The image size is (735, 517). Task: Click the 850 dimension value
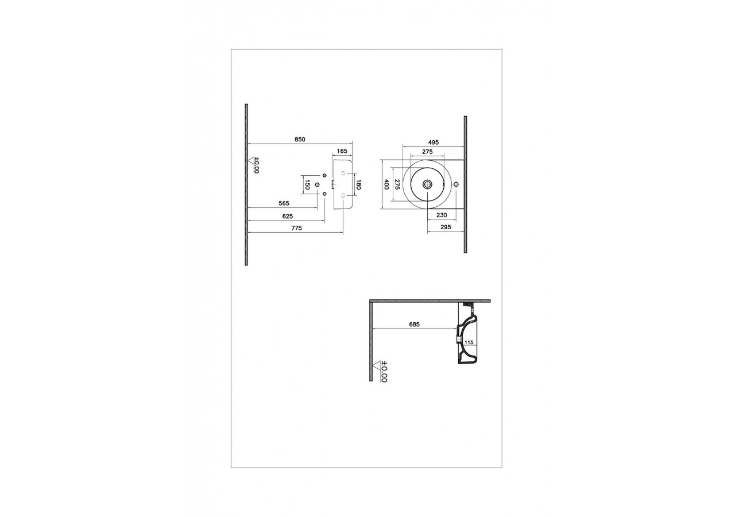click(x=300, y=139)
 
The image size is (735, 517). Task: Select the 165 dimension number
click(x=342, y=151)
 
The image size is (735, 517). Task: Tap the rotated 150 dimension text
click(x=307, y=184)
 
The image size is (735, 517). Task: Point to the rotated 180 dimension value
click(x=358, y=184)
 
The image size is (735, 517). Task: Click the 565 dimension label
click(x=284, y=203)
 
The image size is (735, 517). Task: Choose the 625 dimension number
click(x=288, y=216)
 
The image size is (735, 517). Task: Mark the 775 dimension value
click(x=296, y=228)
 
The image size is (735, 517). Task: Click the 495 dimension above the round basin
click(x=433, y=142)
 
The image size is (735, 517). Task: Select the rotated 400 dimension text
click(x=386, y=184)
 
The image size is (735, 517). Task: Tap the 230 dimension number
click(x=442, y=215)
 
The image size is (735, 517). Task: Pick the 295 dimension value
click(x=445, y=227)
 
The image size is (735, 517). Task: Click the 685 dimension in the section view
click(x=414, y=325)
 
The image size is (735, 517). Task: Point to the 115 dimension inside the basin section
click(x=469, y=342)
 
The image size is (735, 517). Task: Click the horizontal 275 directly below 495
click(x=427, y=152)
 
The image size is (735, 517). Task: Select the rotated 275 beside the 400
click(x=397, y=184)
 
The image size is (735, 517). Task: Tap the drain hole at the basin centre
click(x=427, y=184)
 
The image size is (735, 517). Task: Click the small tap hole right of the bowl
click(x=456, y=184)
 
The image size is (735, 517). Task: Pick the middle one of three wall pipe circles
click(x=317, y=184)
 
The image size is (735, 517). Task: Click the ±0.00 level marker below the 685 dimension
click(x=381, y=371)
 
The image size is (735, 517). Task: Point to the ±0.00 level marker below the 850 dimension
click(x=254, y=165)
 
